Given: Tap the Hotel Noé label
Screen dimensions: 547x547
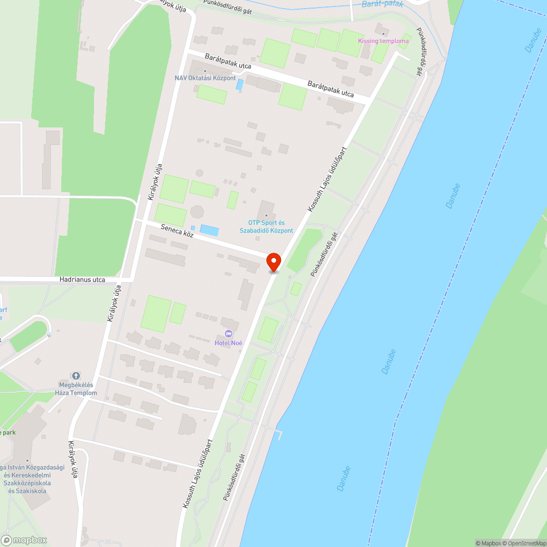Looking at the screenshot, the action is [229, 343].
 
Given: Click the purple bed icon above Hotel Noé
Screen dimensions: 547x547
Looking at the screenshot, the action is [229, 334].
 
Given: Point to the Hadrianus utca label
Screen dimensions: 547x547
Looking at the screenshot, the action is [83, 280].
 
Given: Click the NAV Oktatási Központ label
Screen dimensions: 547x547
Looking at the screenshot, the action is [205, 78].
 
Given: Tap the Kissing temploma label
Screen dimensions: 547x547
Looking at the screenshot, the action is [383, 41].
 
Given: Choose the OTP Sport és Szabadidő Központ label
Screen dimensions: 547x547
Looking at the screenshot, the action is [266, 226].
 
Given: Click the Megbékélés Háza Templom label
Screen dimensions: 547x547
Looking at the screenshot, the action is [76, 389].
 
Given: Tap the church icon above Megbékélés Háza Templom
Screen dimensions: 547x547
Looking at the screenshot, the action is [76, 376].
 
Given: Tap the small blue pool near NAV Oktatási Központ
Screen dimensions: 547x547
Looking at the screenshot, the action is [240, 85].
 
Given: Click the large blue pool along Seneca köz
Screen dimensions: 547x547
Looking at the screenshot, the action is [210, 230].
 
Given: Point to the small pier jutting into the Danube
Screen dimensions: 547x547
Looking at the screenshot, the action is [279, 434].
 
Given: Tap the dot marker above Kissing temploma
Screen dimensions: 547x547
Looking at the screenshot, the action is [383, 34].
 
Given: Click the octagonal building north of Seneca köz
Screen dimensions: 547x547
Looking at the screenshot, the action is [197, 211].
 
